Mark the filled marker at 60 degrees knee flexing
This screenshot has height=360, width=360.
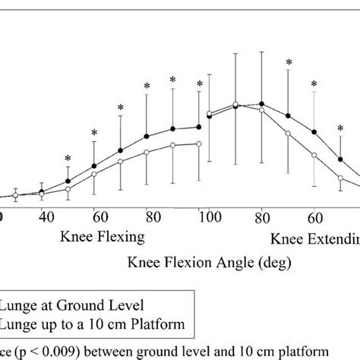point(94,166)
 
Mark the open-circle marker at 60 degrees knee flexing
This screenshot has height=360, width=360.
point(94,174)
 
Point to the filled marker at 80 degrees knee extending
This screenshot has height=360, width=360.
point(261,104)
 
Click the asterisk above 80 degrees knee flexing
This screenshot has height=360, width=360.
point(146,88)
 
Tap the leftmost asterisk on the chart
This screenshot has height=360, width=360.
point(68,158)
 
